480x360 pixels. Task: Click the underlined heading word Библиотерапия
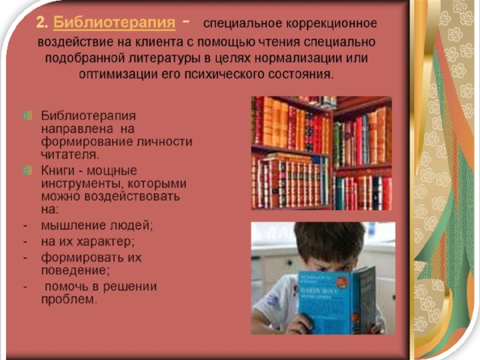tap(115, 22)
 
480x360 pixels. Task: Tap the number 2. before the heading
tap(42, 22)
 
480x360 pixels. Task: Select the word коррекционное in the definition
tap(331, 23)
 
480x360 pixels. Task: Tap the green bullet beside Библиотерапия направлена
tap(28, 115)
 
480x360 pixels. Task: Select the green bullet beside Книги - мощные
tap(28, 170)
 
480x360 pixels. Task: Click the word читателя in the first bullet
tap(70, 154)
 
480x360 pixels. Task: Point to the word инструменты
tap(82, 184)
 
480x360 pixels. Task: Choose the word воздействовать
tap(132, 196)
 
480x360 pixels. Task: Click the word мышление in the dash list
tap(73, 225)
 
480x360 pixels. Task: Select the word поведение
tap(75, 270)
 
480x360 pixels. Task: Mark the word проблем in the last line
tap(69, 299)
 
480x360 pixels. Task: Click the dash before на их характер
tap(25, 241)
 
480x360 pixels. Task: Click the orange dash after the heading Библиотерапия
tap(186, 22)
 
